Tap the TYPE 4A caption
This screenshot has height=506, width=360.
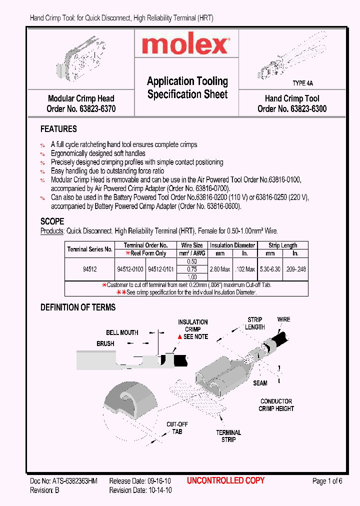click(x=302, y=83)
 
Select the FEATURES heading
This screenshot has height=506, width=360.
click(x=58, y=129)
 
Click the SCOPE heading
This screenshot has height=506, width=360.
click(x=52, y=221)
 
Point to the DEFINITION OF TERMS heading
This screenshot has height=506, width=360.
click(x=78, y=307)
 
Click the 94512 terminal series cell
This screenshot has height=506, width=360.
click(x=90, y=269)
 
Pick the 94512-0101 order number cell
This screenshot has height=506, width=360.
click(x=160, y=269)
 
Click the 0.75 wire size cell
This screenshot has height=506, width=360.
click(x=192, y=269)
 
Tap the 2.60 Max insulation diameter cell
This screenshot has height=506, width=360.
click(x=220, y=269)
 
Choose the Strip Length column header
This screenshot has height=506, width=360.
click(x=282, y=245)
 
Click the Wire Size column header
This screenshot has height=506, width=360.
click(x=192, y=245)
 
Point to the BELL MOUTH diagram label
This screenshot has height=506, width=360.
click(x=122, y=332)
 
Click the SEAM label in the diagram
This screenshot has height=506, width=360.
click(x=260, y=383)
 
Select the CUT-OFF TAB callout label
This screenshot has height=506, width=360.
click(x=177, y=428)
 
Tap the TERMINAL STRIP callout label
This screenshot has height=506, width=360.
click(x=228, y=436)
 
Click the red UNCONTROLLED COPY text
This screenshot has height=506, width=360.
click(x=225, y=481)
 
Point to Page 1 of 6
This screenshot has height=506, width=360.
click(x=327, y=481)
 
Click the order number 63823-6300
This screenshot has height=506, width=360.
click(x=308, y=108)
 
